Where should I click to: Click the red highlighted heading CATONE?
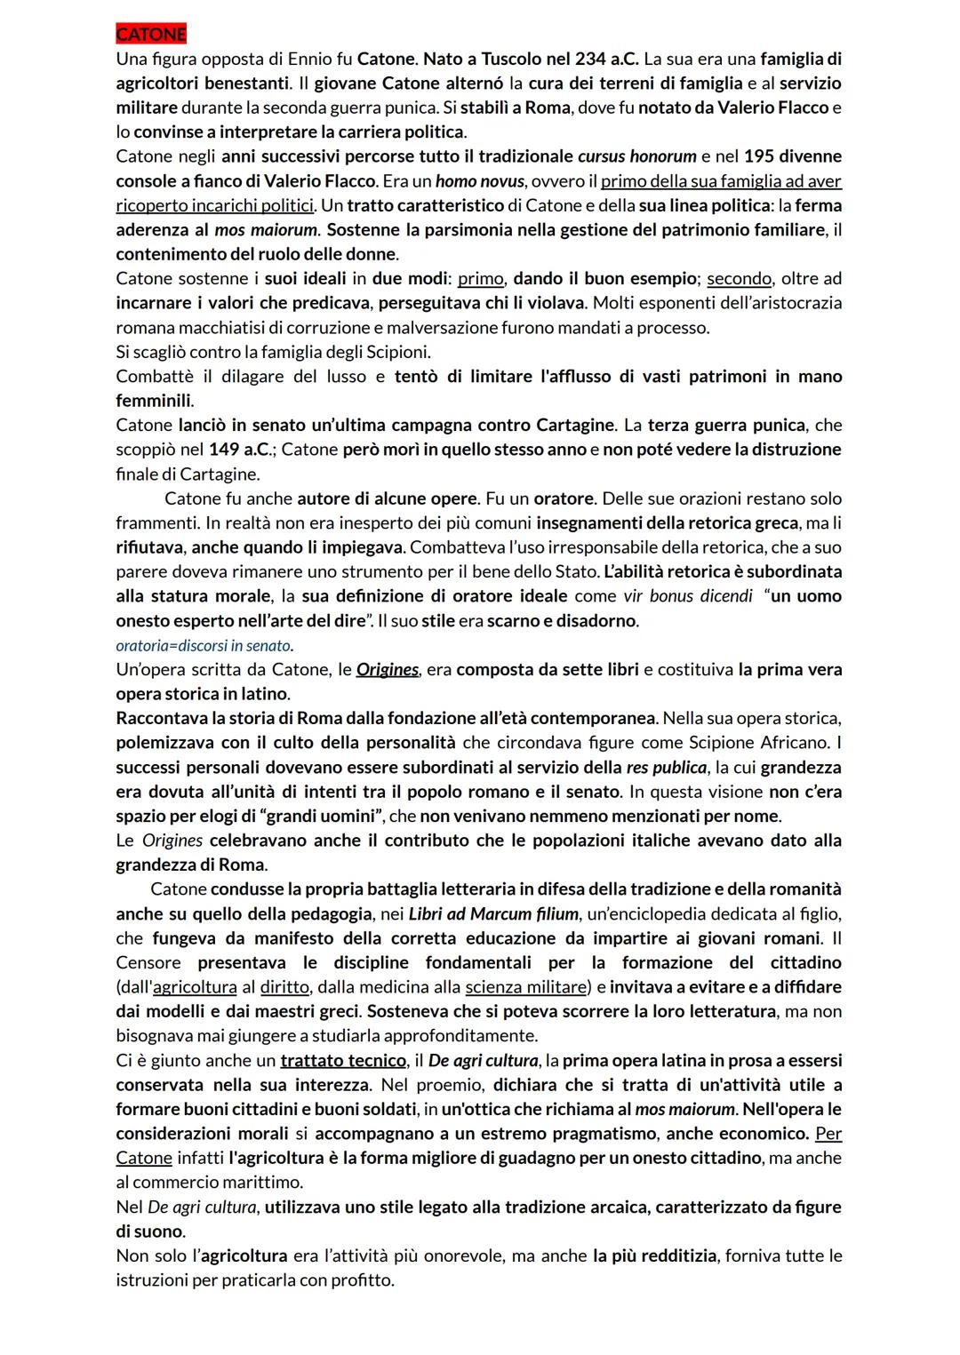(151, 35)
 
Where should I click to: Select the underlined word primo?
(481, 279)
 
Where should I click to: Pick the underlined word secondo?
(739, 279)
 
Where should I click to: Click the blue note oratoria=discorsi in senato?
(204, 646)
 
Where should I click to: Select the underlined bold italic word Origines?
(387, 670)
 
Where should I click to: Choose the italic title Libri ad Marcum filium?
(493, 914)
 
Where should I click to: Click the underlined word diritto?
(284, 987)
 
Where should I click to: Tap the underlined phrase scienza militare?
(525, 987)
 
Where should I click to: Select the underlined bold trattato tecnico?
(343, 1061)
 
